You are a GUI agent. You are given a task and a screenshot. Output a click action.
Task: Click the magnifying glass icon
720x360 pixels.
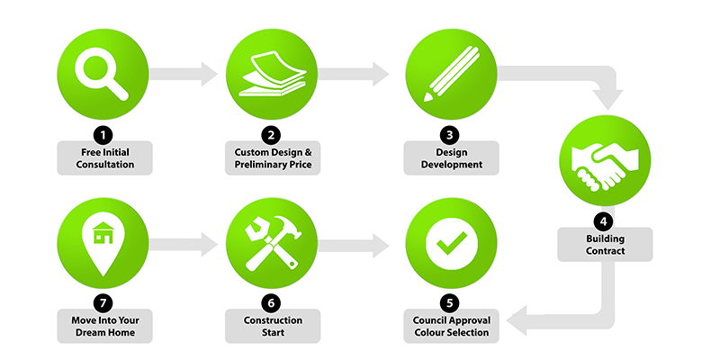(x=102, y=74)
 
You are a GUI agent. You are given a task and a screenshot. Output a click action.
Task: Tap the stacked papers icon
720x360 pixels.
(x=273, y=74)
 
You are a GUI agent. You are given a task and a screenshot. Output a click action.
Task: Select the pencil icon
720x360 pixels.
(x=451, y=74)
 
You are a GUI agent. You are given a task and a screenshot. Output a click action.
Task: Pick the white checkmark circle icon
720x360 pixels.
(x=452, y=242)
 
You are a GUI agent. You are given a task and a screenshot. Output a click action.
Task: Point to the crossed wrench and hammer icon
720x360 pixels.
(x=273, y=242)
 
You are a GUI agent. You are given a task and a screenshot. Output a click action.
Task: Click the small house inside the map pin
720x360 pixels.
(x=103, y=233)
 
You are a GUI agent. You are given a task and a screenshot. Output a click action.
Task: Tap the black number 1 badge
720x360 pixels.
(x=103, y=135)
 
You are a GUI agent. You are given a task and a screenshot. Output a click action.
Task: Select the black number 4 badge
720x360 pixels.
(x=603, y=221)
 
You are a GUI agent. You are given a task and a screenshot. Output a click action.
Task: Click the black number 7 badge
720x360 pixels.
(x=103, y=303)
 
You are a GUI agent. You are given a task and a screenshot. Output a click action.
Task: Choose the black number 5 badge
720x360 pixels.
(x=449, y=303)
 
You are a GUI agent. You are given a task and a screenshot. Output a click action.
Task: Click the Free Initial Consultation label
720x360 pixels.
(x=104, y=158)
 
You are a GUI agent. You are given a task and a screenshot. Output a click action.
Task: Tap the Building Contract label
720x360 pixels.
(x=605, y=245)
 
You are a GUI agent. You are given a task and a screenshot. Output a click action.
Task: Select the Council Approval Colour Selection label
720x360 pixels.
(x=452, y=326)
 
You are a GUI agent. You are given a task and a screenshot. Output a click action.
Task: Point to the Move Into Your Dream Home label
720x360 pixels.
(x=104, y=326)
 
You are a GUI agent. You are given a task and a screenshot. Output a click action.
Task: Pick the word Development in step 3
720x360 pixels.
(x=452, y=165)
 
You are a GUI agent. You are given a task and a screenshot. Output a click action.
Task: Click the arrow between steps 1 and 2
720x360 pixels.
(x=183, y=74)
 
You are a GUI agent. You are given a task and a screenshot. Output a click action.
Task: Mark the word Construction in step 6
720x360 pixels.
(x=273, y=320)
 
